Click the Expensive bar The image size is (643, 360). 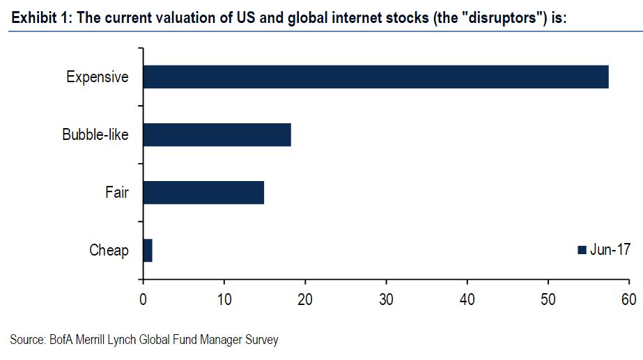point(375,77)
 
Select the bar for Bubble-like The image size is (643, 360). point(217,134)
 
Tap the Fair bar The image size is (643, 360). point(203,192)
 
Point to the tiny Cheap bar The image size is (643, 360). point(148,250)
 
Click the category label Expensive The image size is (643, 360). point(98,77)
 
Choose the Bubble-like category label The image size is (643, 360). point(95,134)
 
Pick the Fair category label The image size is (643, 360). point(117,192)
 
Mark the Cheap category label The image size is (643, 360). point(109,250)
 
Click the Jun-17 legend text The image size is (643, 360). point(611,250)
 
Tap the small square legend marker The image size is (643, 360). point(582,251)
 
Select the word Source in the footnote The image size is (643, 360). point(28,341)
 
